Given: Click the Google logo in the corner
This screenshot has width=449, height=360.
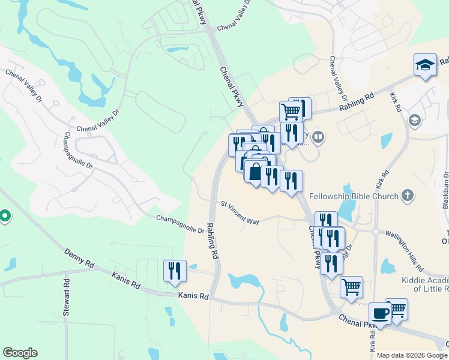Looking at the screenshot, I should [20, 353].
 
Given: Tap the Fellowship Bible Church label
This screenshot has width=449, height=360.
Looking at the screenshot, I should [354, 196].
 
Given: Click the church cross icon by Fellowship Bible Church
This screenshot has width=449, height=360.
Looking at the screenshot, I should [408, 195].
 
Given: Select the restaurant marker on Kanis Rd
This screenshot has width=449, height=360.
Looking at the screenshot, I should [175, 270].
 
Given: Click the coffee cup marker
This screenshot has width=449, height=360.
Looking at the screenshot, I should [380, 313].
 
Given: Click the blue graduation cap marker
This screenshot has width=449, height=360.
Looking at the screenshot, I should [425, 65].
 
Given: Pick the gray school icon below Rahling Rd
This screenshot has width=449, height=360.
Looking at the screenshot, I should [414, 121].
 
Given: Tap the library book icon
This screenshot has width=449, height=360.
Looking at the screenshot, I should [318, 137].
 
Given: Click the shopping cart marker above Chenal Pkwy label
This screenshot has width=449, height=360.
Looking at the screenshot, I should [351, 286].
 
